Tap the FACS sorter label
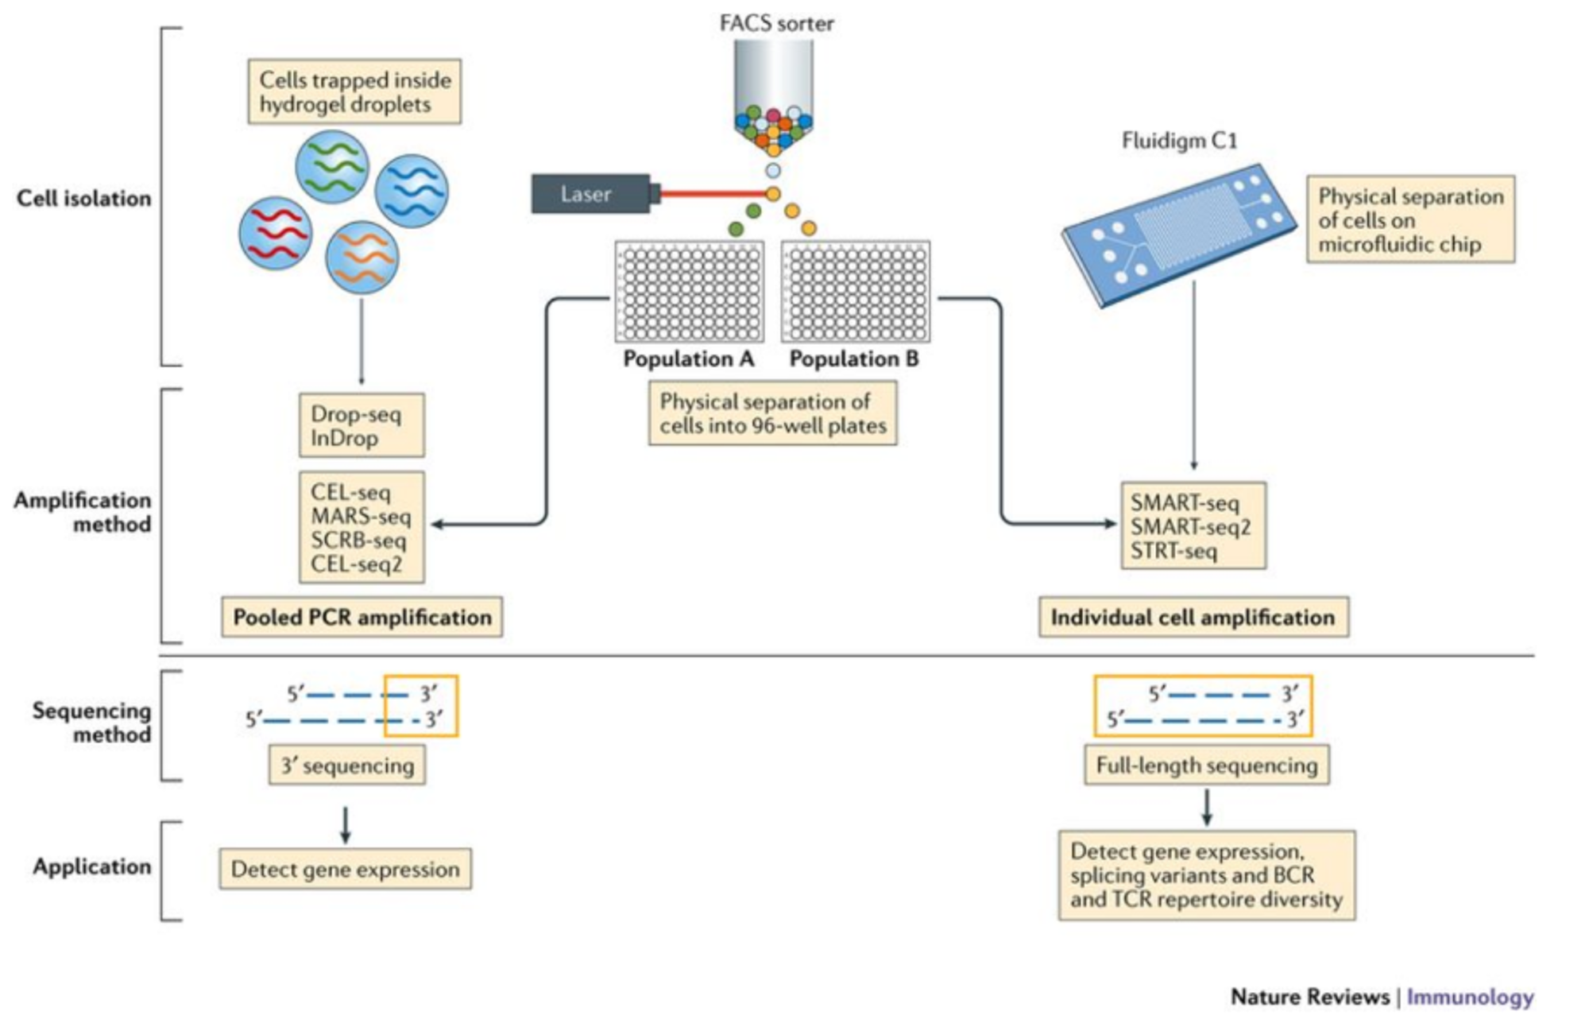(776, 23)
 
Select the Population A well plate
(689, 292)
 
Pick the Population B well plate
(856, 292)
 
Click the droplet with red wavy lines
(276, 233)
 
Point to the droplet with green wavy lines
(332, 167)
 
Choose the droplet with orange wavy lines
(362, 258)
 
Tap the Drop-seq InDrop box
(361, 425)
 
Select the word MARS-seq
(361, 517)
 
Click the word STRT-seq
(1173, 550)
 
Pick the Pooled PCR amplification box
(361, 617)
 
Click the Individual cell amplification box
(1193, 617)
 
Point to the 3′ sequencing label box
(347, 765)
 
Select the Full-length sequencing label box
(1207, 765)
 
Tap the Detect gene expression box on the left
(346, 869)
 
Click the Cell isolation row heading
(84, 198)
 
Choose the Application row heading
(92, 866)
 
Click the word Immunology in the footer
(1470, 997)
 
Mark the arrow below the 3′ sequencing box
(345, 825)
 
